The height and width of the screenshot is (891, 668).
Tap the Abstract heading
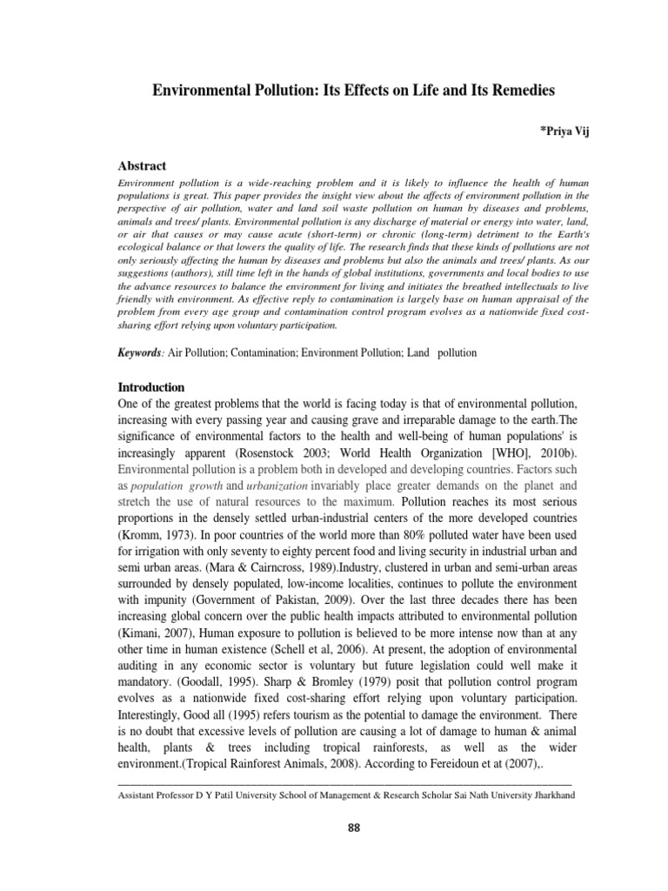pyautogui.click(x=142, y=166)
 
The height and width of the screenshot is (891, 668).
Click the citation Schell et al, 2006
pyautogui.click(x=373, y=673)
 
